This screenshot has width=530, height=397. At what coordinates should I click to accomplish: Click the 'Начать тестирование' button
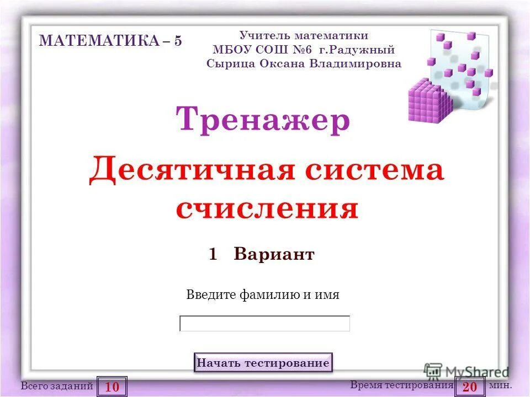[x=263, y=363]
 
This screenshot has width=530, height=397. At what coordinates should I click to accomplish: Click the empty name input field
[x=265, y=324]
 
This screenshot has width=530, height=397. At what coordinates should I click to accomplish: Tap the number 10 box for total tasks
[x=112, y=387]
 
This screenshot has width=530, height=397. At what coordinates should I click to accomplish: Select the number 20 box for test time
[x=470, y=387]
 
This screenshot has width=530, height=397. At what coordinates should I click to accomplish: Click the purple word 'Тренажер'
[x=263, y=120]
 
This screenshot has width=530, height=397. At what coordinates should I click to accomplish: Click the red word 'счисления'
[x=267, y=208]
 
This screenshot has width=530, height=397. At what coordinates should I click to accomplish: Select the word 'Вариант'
[x=274, y=254]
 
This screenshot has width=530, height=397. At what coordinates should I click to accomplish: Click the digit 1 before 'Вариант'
[x=213, y=254]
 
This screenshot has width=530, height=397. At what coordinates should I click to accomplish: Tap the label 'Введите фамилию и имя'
[x=263, y=294]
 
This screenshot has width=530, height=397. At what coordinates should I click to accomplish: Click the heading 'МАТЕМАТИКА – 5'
[x=110, y=41]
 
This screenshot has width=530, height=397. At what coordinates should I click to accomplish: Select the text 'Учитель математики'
[x=304, y=36]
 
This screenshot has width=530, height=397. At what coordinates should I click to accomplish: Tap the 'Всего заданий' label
[x=57, y=387]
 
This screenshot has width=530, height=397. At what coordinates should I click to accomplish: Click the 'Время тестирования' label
[x=401, y=385]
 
